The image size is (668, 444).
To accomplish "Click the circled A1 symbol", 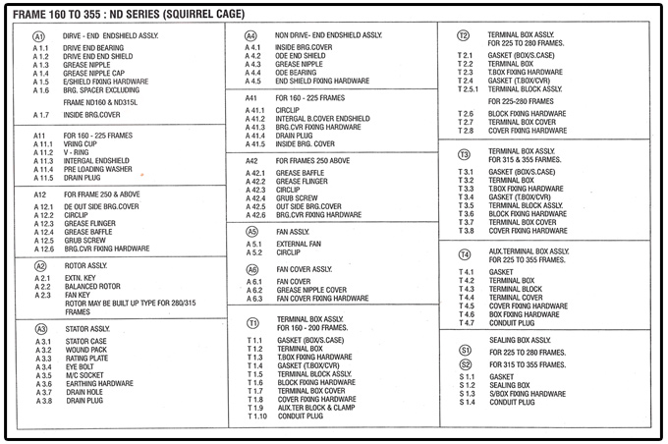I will tap(39, 35).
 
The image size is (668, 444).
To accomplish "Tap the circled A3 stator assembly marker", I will tap(40, 329).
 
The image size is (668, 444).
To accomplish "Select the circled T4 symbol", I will tap(465, 254).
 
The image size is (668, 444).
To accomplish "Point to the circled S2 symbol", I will tap(465, 364).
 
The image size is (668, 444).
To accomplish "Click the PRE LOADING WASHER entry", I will tap(97, 169).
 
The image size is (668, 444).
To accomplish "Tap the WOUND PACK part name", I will tap(85, 350).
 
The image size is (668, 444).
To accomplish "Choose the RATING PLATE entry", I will tap(87, 359).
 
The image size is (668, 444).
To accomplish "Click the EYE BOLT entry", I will tap(80, 367).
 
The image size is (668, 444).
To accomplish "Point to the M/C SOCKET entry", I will tap(83, 376).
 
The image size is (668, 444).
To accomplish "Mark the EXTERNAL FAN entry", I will tap(300, 244).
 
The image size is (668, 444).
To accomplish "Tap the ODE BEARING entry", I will tap(296, 73).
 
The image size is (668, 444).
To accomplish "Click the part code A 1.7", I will tap(41, 116).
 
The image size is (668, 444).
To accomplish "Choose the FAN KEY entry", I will tap(78, 296).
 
